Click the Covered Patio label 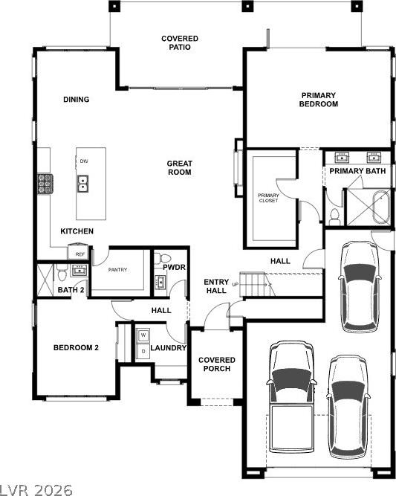(180, 42)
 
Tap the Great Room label (180, 167)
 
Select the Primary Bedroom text (318, 100)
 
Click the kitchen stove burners (45, 184)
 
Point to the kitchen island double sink (83, 184)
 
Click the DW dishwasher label (84, 161)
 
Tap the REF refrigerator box (78, 252)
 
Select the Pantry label (117, 270)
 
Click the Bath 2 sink (79, 271)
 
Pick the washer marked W (143, 335)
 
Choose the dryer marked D (143, 351)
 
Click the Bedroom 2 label (76, 347)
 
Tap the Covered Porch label (217, 364)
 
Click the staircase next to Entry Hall (252, 284)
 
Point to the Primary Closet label (268, 198)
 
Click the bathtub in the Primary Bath (381, 207)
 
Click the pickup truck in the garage (291, 396)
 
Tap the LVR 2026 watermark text (36, 489)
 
